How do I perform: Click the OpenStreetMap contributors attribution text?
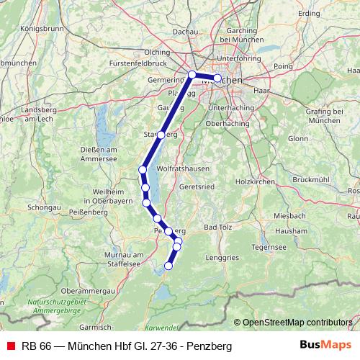tap(297, 322)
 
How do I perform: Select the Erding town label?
tap(308, 14)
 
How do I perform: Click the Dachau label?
tap(185, 32)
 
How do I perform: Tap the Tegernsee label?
tap(269, 246)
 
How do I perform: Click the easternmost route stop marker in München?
tap(217, 78)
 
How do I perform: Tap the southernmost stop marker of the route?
tap(169, 266)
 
